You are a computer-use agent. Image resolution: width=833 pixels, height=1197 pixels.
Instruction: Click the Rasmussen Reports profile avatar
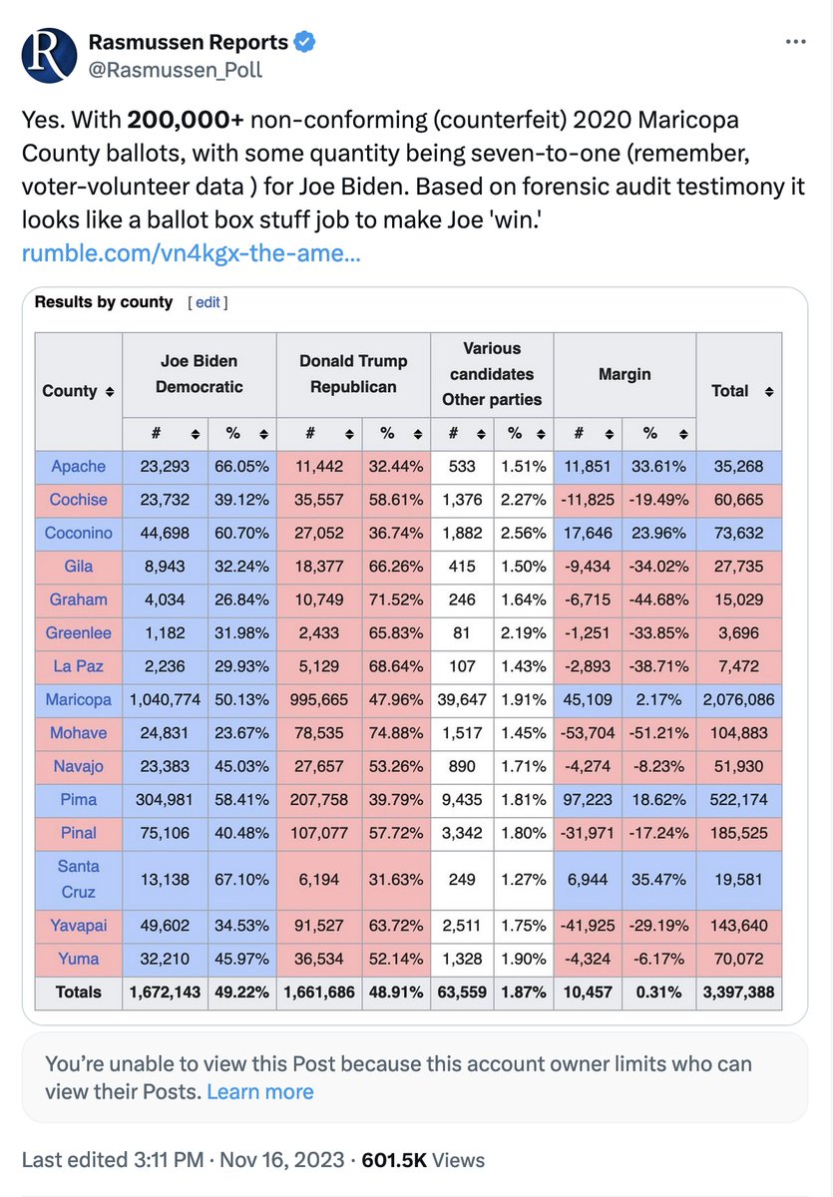coord(48,54)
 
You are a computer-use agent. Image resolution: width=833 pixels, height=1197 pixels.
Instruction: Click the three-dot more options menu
coord(795,42)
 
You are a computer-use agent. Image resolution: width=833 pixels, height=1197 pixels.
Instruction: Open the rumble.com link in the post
coord(191,254)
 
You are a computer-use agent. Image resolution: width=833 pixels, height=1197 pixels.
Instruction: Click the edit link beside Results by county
coord(208,302)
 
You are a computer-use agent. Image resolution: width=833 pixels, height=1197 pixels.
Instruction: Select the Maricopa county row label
coord(78,700)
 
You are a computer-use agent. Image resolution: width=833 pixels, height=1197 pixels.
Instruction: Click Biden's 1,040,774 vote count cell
coord(165,700)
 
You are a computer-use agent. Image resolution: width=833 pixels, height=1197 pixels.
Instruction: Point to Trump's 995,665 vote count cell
coord(318,700)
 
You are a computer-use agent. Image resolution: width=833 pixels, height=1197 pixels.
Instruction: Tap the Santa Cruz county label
coord(78,879)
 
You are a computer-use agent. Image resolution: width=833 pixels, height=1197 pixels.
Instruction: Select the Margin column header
coord(625,374)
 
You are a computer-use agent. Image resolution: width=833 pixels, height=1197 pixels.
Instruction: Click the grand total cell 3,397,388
coord(738,992)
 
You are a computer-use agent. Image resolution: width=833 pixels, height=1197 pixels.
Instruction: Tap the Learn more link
coord(260,1091)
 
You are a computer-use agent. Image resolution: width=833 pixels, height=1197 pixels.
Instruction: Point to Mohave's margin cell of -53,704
coord(589,733)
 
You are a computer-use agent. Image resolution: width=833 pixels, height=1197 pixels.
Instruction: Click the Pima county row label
coord(78,799)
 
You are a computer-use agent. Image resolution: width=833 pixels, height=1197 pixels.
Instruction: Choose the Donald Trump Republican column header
coord(353,374)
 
